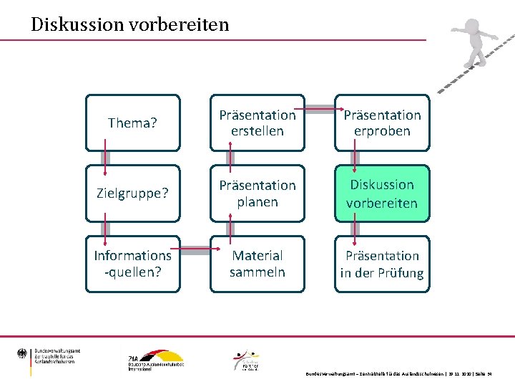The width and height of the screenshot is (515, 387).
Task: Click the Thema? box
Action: [x=133, y=123]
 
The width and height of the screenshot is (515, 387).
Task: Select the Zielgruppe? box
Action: [x=133, y=193]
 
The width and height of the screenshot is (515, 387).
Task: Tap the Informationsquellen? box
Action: [x=133, y=264]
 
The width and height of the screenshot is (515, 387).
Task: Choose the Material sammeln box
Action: [x=257, y=264]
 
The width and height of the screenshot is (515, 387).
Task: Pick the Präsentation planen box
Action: [x=257, y=193]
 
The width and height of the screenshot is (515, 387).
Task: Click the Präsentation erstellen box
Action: [x=257, y=123]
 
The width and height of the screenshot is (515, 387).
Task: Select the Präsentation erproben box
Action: [x=382, y=123]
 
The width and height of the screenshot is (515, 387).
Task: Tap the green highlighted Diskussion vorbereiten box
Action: [x=382, y=193]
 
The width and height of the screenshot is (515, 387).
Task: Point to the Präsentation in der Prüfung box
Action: [x=382, y=264]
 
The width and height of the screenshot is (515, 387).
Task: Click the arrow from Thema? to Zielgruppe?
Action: [x=106, y=159]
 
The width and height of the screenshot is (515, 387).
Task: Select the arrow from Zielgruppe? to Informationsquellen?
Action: [x=106, y=229]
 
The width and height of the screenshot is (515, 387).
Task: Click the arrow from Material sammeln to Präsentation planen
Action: [x=230, y=229]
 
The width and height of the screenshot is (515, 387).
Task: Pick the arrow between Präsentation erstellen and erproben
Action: [x=320, y=110]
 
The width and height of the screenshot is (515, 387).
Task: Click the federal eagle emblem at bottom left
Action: [x=23, y=354]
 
